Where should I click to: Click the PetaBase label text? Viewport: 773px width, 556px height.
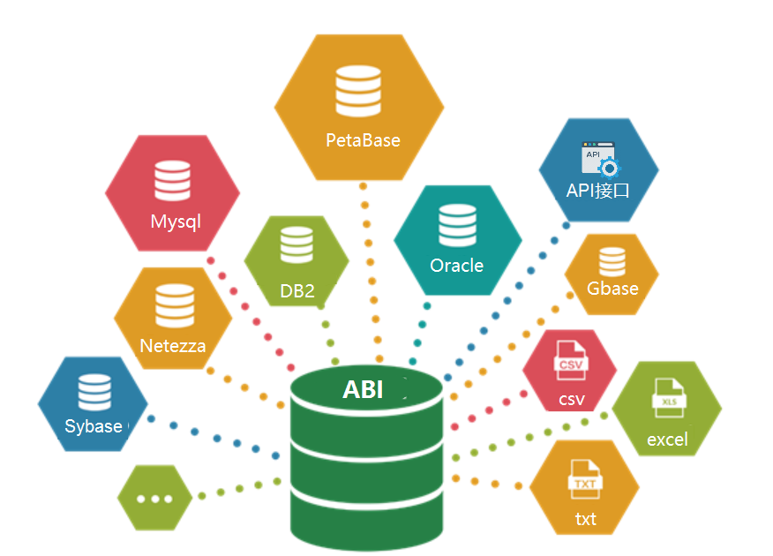[363, 140]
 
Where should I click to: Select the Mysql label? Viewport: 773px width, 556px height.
[176, 221]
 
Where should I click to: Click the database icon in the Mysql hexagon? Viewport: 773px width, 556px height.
[172, 181]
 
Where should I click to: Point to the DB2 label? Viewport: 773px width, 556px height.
[296, 291]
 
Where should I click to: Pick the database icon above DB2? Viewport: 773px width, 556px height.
[296, 245]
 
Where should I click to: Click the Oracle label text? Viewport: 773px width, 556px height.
[456, 265]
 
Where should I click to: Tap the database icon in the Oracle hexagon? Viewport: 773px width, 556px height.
[457, 226]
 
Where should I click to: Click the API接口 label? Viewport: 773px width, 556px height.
[597, 190]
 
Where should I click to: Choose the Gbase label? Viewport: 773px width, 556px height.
[612, 289]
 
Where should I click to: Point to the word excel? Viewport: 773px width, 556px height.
[667, 440]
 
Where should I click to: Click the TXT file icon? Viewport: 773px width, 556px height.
[584, 482]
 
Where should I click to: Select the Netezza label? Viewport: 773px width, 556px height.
[173, 345]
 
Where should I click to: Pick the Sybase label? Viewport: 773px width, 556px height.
[94, 426]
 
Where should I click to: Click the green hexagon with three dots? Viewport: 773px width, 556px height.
[155, 498]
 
